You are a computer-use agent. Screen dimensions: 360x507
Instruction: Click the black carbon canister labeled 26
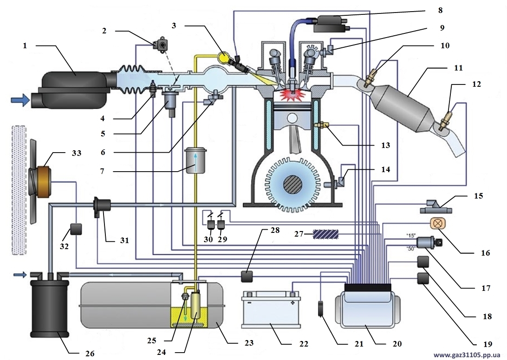click(x=49, y=309)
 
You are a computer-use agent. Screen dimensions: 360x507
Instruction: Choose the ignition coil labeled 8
click(x=331, y=23)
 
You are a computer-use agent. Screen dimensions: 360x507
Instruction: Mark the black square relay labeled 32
click(x=75, y=229)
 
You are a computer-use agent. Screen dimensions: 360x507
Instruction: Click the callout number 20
click(x=396, y=344)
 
